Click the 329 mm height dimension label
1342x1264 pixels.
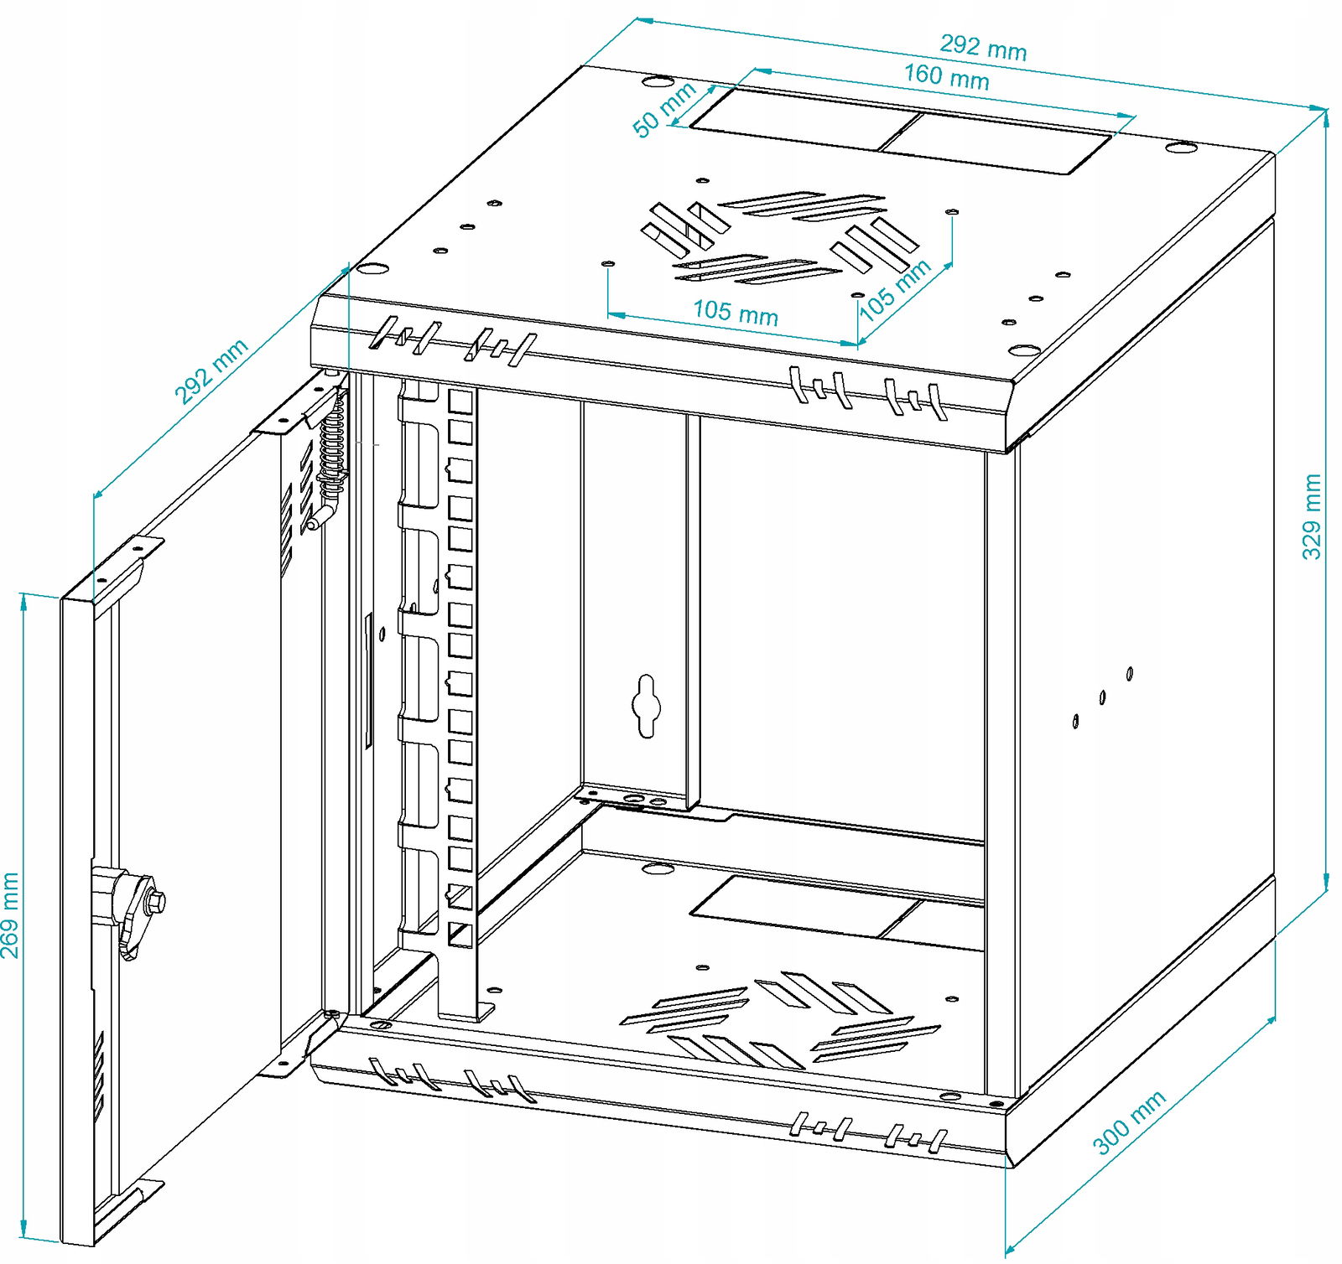(1312, 516)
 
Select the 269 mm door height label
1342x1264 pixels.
(10, 914)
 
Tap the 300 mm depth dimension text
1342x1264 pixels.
(1129, 1122)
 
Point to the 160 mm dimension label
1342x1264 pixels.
(946, 76)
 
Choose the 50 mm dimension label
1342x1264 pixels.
(663, 110)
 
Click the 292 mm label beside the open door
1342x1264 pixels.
(211, 370)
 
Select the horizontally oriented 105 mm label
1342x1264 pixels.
(735, 312)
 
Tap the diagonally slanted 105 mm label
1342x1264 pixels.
(895, 289)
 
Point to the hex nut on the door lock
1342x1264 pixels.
(156, 903)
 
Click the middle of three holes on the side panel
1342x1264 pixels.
(1102, 697)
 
